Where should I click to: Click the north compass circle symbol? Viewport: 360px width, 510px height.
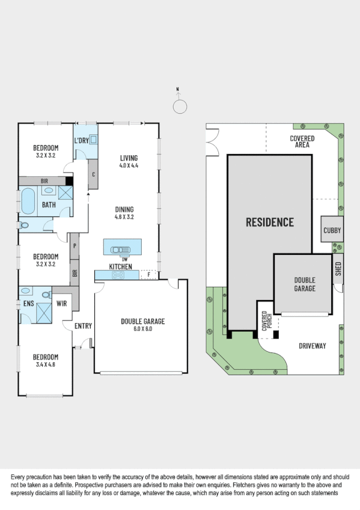click(179, 106)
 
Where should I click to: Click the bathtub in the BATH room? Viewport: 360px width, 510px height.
click(28, 201)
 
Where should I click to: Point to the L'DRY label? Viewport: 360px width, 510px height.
click(81, 141)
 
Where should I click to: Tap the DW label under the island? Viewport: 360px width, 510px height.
click(125, 259)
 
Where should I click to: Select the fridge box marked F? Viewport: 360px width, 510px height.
click(148, 275)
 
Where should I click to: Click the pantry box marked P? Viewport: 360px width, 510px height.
click(75, 246)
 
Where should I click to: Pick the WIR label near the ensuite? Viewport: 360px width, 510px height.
click(61, 304)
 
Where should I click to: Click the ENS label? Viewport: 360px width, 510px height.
click(28, 304)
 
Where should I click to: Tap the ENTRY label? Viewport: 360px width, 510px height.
click(83, 326)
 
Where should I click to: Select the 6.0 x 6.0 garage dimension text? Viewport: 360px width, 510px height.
click(142, 328)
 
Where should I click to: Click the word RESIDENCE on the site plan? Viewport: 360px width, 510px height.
click(270, 222)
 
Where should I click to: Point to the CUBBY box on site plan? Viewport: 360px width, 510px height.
click(332, 230)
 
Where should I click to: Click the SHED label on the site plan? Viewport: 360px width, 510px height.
click(338, 267)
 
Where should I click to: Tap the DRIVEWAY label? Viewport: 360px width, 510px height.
click(312, 346)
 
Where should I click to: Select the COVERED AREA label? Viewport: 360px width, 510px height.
click(302, 141)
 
